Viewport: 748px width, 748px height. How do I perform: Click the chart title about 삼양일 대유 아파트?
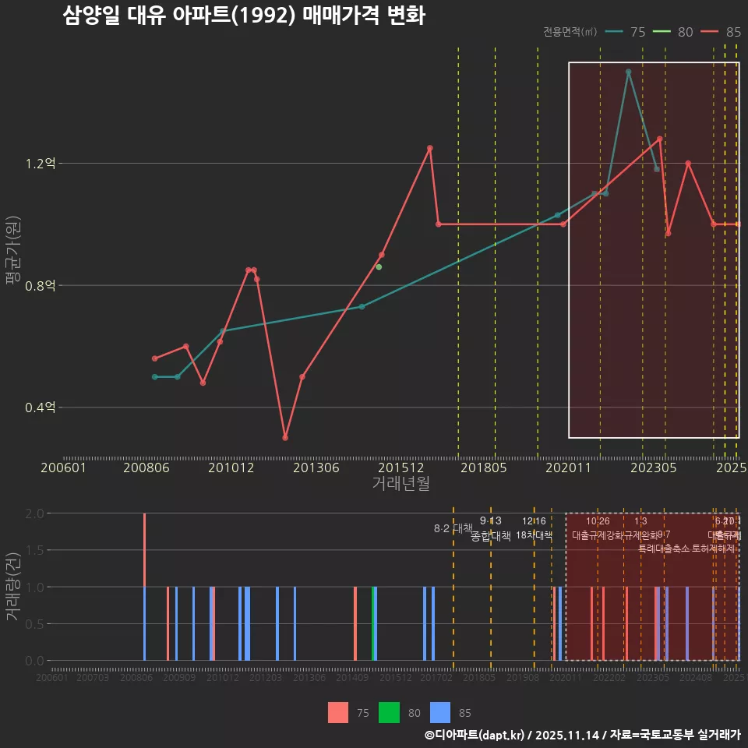click(243, 16)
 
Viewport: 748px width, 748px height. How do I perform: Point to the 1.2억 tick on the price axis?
click(41, 164)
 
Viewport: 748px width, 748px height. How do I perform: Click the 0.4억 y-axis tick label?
click(41, 408)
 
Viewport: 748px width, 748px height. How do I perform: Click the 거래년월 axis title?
click(400, 483)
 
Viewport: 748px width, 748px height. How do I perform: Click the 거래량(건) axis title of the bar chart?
click(12, 587)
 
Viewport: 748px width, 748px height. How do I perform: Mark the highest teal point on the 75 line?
click(628, 72)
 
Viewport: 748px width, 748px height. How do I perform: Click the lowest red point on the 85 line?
click(285, 438)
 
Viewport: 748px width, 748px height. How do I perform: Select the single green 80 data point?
click(379, 267)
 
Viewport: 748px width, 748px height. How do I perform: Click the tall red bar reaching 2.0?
click(144, 549)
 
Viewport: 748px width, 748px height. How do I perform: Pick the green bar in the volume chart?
click(375, 623)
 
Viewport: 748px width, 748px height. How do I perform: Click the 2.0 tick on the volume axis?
click(34, 513)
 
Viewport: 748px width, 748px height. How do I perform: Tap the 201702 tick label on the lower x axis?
click(436, 678)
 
